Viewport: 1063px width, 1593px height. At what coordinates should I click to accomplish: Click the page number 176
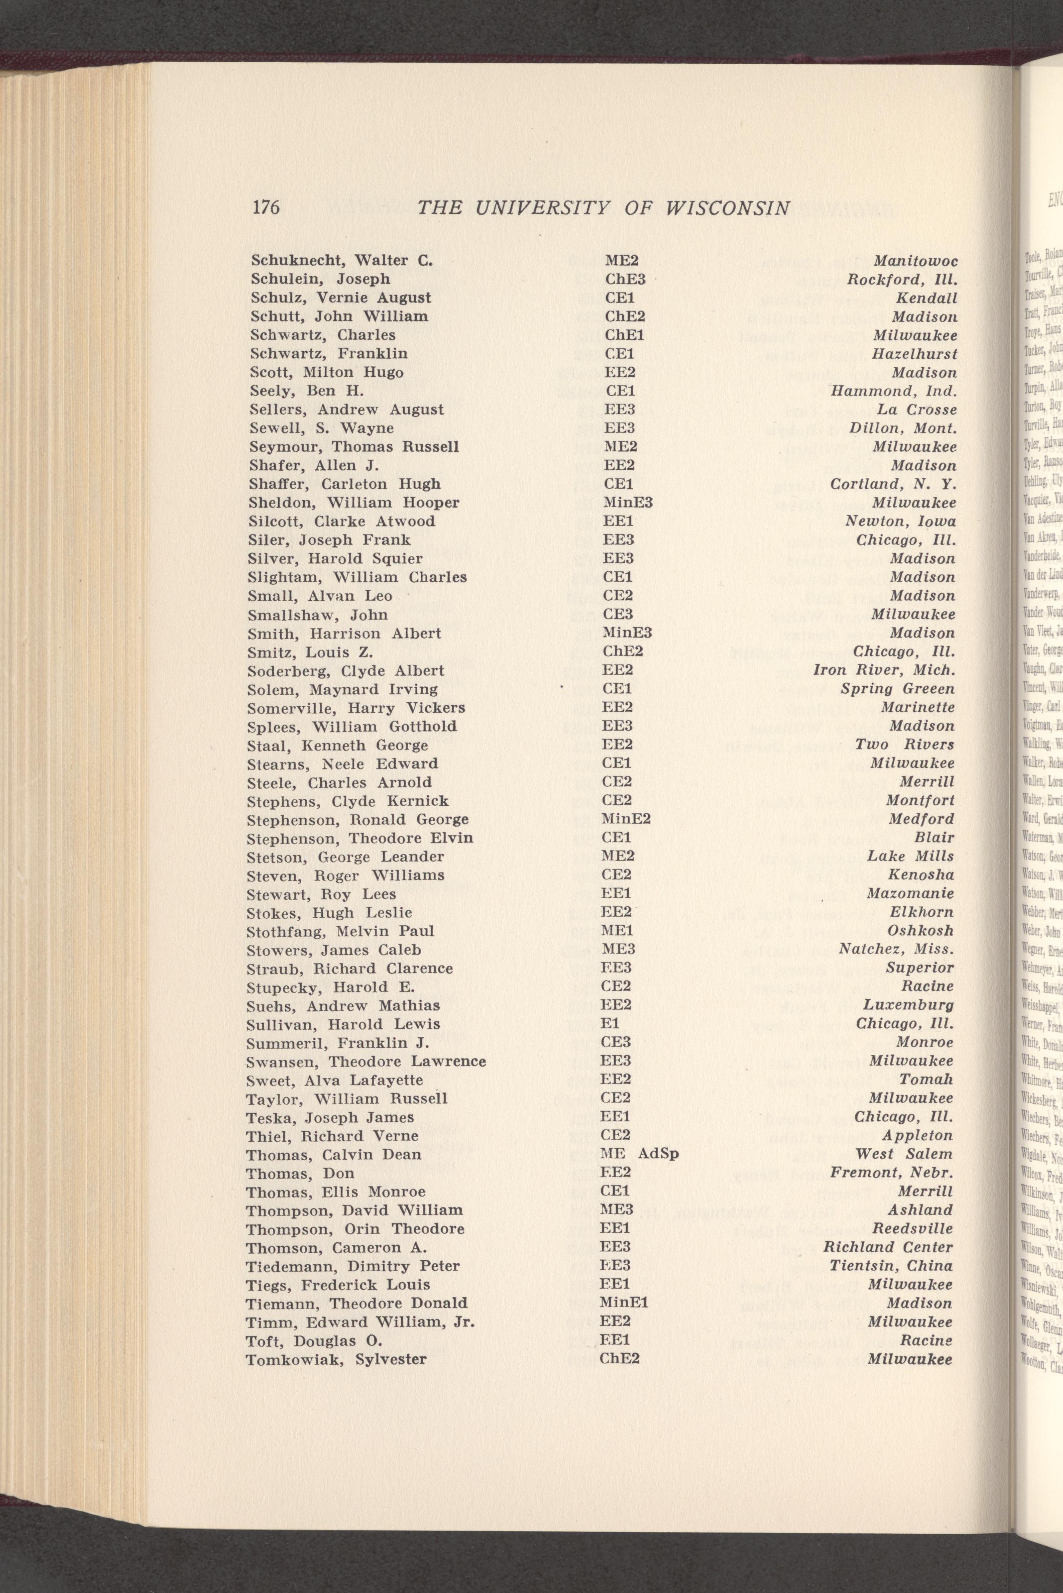pos(266,207)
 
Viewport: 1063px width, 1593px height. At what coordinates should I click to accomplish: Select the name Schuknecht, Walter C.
pos(342,260)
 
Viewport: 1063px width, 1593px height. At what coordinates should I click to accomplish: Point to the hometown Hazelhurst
pos(915,354)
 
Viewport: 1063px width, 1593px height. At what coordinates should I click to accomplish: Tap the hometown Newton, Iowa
pos(900,521)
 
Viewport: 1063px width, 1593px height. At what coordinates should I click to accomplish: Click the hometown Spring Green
pos(898,689)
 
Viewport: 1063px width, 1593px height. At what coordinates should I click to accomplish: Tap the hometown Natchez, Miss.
pos(896,949)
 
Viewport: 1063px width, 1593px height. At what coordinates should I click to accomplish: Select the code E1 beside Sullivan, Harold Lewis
pos(610,1024)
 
